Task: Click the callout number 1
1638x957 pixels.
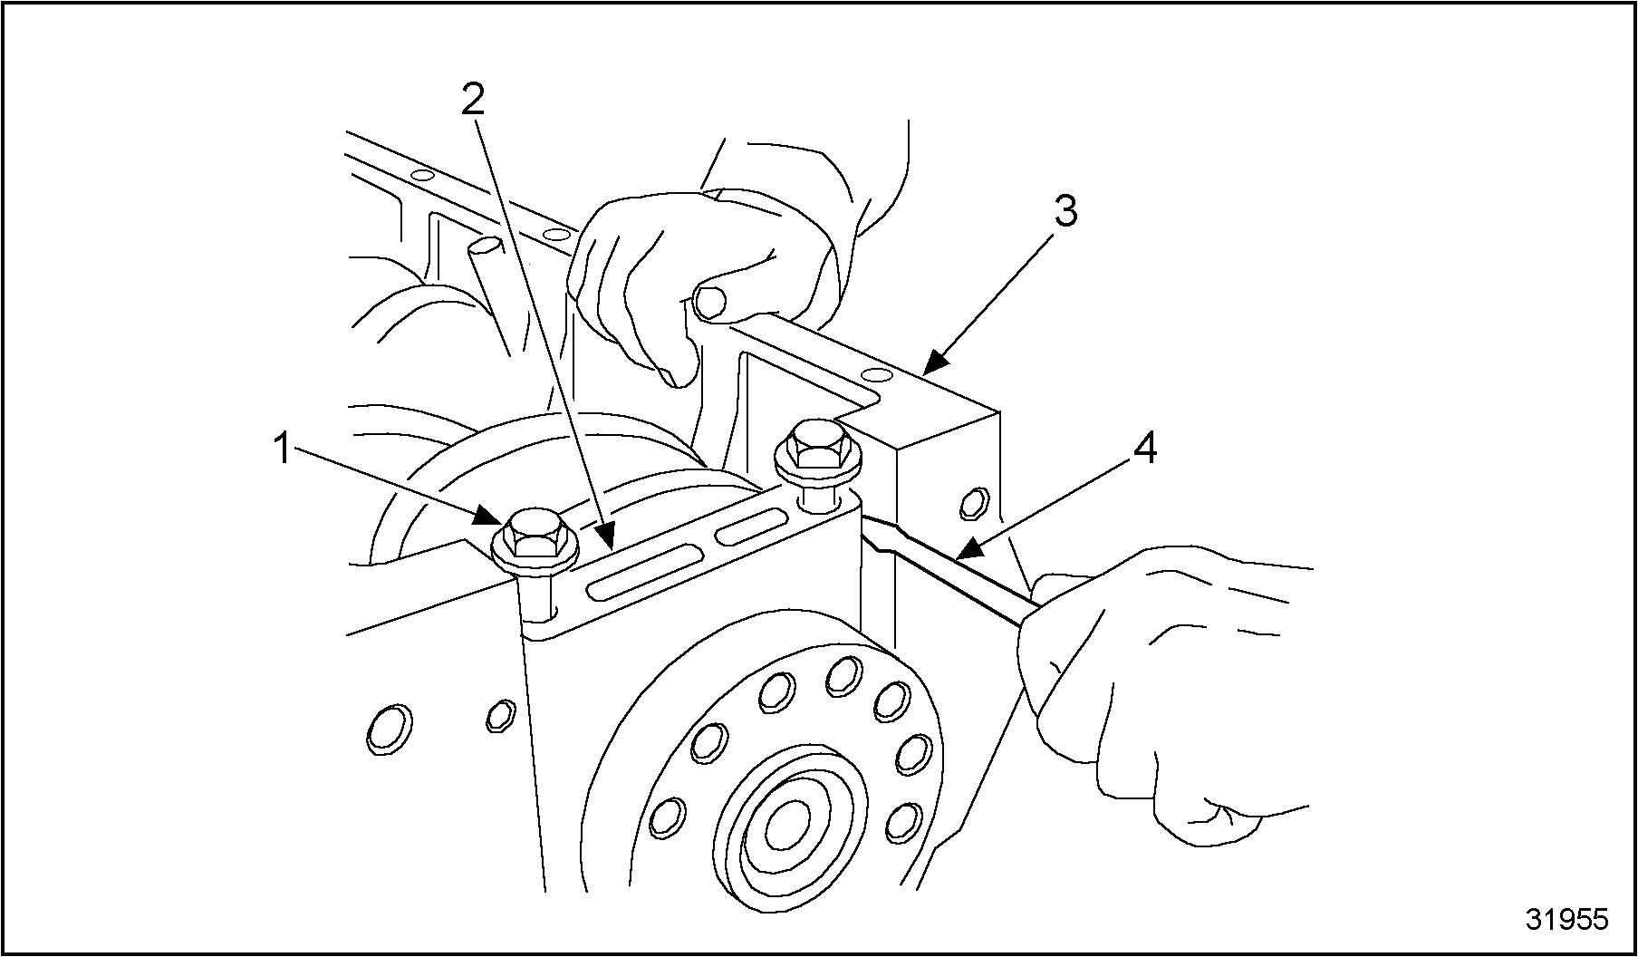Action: [283, 449]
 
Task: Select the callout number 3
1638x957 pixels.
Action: [1065, 212]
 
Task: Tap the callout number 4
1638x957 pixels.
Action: [1145, 449]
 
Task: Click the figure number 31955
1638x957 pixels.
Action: [1566, 919]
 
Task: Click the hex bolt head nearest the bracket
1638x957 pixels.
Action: [815, 444]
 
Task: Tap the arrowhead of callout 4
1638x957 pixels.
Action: [966, 549]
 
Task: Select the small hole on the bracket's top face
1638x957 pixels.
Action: [875, 375]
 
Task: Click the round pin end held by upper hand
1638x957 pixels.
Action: [710, 301]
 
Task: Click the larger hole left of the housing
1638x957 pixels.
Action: [390, 729]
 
